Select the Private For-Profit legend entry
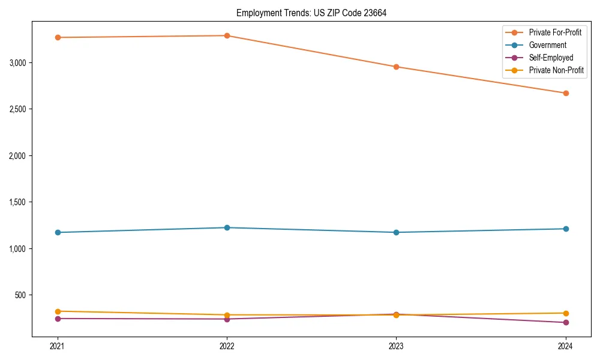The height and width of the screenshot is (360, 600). click(555, 32)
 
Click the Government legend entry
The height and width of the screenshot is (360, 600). click(547, 45)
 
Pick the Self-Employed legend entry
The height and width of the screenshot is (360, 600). click(551, 58)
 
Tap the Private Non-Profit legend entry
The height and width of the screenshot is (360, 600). click(556, 70)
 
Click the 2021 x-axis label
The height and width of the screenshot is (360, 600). click(58, 346)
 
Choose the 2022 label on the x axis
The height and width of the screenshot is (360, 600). click(227, 346)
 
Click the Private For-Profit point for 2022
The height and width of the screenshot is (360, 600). click(227, 35)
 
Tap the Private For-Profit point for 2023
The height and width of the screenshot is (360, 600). click(396, 67)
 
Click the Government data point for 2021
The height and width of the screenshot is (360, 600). click(58, 232)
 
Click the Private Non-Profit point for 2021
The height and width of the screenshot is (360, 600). click(58, 311)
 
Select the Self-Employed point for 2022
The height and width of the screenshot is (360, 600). click(227, 319)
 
